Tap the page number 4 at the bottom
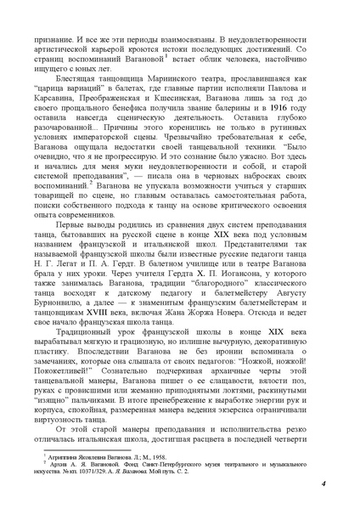(x=323, y=484)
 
